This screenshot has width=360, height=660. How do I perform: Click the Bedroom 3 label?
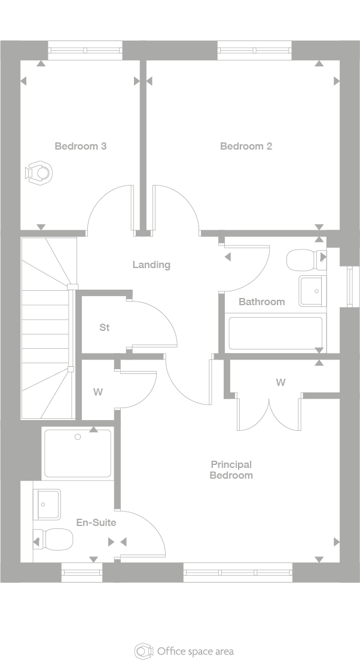coord(81,146)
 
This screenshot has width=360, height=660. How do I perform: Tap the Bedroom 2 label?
coord(246,146)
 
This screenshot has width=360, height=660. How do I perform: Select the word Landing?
coord(151,264)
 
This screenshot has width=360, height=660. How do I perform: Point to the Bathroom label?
coord(261,302)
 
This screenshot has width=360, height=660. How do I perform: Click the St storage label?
coord(105,328)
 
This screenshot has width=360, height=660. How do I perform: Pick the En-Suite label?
coord(96,522)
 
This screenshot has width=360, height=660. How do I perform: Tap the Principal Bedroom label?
coord(231,470)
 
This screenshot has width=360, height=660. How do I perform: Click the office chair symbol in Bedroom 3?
coord(39,172)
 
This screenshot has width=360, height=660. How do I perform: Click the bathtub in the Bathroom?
coord(275,333)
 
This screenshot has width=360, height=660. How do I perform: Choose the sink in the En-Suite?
coord(47,504)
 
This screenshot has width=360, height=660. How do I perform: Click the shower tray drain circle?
coord(78,437)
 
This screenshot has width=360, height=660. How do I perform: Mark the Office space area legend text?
coord(195,651)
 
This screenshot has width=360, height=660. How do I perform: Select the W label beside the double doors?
coord(280,382)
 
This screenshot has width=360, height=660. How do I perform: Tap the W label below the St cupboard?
coord(97,393)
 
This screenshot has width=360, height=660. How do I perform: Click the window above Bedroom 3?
coord(85,50)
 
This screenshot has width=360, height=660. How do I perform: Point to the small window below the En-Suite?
coord(83,573)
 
